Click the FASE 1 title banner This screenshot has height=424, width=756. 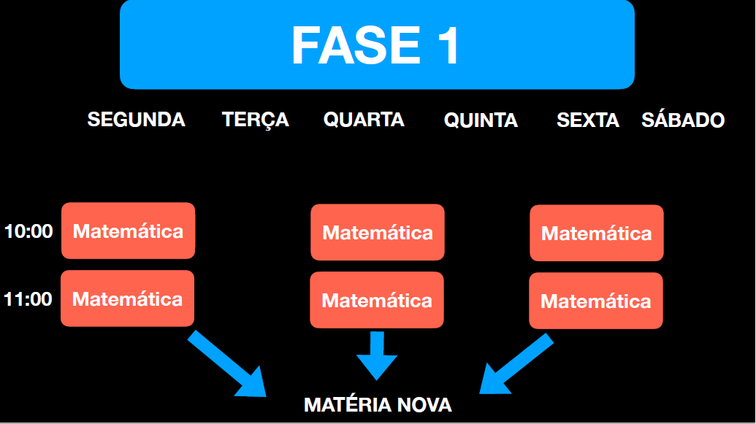[377, 45]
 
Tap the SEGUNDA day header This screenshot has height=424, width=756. [136, 120]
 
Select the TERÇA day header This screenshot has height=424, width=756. [255, 120]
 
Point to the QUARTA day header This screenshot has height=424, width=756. [364, 120]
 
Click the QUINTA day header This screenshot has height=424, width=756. [481, 120]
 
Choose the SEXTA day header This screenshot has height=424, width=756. [588, 120]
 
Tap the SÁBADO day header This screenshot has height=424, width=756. [683, 119]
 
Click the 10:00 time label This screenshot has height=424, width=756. [28, 231]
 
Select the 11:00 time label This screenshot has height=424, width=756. [28, 299]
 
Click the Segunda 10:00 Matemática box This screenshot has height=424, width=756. [129, 231]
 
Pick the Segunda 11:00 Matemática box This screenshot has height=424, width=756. [127, 298]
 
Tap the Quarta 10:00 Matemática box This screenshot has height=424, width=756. [378, 232]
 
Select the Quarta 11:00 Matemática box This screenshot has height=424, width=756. [377, 300]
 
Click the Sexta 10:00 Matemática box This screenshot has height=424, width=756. [597, 234]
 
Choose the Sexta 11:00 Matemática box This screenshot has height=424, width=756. [596, 301]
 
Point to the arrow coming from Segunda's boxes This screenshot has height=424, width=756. [227, 363]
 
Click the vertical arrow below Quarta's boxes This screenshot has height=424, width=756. [377, 356]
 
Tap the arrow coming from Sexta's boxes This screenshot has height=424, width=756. [516, 363]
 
